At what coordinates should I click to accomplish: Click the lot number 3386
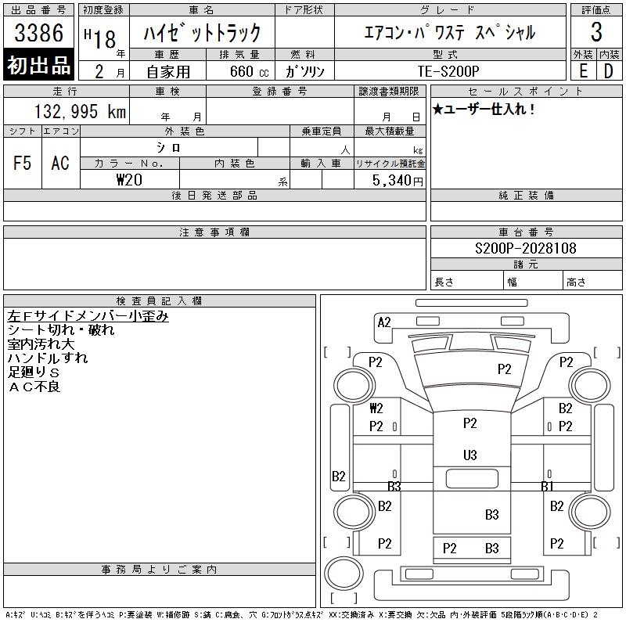point(38,32)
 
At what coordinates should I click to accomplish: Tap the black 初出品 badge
point(38,65)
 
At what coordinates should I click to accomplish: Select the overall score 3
point(596,32)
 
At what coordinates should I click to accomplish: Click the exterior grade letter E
point(583,71)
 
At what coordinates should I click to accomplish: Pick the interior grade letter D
point(609,71)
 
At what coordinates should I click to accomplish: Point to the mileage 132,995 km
point(80,111)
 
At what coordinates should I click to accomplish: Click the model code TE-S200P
point(448,71)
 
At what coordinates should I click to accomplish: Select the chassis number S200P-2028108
point(525,248)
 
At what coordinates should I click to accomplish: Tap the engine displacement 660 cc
point(249,71)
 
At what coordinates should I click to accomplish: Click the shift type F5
point(22,163)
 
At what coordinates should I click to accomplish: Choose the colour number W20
point(129,180)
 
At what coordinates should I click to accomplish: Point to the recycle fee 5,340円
point(398,180)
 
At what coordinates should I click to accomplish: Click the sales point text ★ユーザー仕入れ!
point(484,109)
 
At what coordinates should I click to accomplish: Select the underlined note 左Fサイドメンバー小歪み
point(88,316)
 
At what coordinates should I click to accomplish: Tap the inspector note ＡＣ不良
point(34,387)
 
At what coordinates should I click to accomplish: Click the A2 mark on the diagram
point(384,322)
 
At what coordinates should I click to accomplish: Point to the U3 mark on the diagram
point(470,455)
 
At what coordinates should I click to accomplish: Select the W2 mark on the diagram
point(376,408)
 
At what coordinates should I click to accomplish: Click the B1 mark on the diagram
point(547,486)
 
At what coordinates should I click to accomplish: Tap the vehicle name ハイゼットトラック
point(202,33)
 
